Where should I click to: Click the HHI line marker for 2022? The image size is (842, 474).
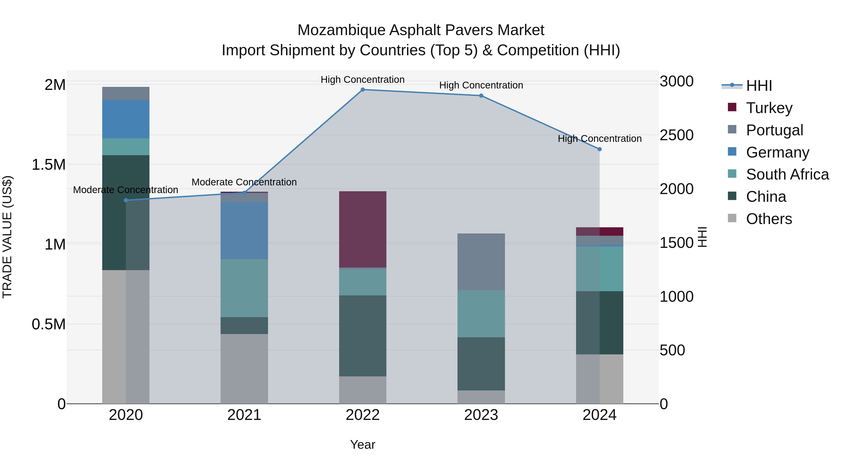363,90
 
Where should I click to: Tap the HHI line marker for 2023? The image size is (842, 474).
481,96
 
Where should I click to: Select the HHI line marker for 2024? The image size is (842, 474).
599,149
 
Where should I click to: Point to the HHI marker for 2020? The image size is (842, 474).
126,200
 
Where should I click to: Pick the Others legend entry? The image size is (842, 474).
769,219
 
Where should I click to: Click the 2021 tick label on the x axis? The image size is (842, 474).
244,415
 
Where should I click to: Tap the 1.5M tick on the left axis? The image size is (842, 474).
49,165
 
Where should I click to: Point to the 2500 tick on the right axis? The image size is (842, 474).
676,135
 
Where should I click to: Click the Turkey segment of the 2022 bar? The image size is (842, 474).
363,229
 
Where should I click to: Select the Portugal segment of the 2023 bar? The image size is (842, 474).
481,262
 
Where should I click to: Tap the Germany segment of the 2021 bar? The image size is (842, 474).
244,231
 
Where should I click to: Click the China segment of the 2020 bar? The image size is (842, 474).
126,213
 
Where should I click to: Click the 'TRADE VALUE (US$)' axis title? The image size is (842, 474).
7,237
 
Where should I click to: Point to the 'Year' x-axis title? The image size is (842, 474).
363,445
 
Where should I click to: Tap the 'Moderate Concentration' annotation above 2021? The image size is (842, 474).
244,182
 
